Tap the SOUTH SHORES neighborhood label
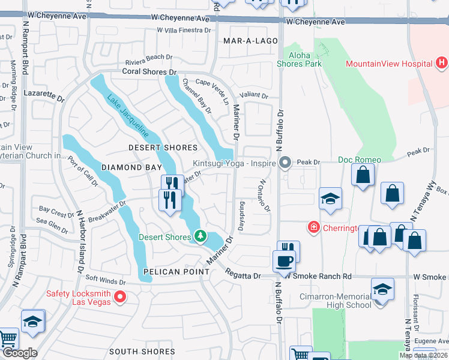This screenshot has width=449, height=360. coord(142,352)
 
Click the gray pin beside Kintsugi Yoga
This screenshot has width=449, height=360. coord(285,163)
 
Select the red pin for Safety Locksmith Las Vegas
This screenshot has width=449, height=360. coord(121,296)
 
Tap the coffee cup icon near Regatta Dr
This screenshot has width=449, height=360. coord(284,261)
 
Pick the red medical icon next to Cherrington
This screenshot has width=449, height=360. coord(313,227)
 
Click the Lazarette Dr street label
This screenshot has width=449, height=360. coord(43,95)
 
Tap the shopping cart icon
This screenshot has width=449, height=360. coord(7,339)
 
